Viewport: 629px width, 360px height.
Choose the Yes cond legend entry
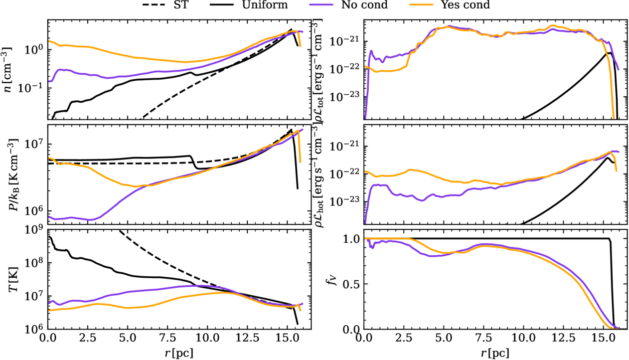point(468,5)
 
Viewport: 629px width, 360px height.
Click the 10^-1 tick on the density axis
point(32,88)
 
